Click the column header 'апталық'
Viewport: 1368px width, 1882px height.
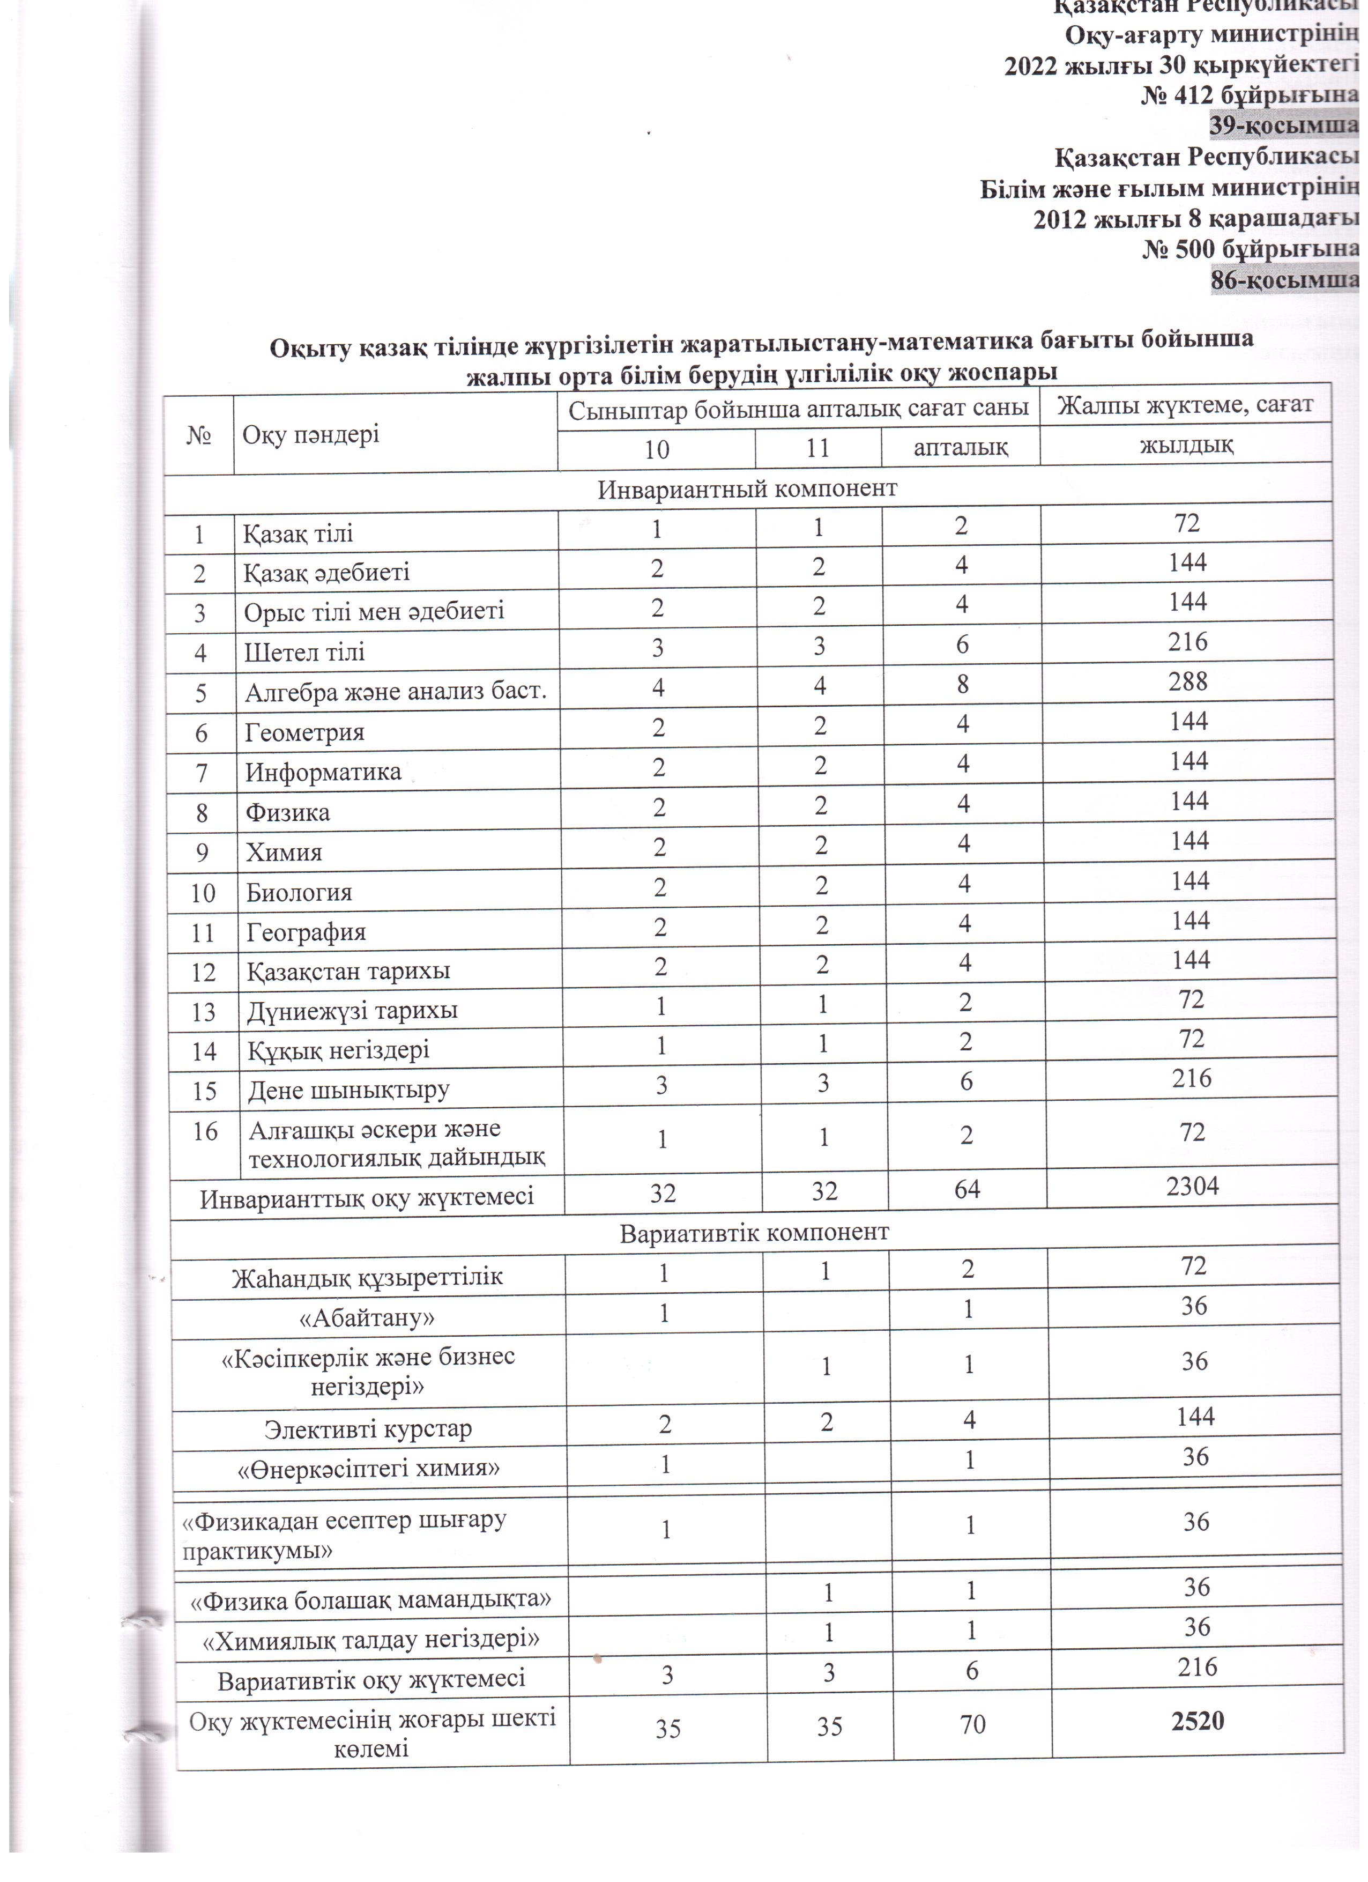pyautogui.click(x=960, y=447)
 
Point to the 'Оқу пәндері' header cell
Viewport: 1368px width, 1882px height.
pyautogui.click(x=311, y=433)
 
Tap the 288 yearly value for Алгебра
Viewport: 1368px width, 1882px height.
pyautogui.click(x=1187, y=681)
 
